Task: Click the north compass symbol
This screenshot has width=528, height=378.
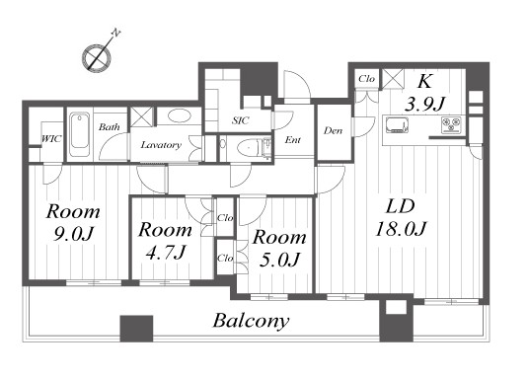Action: click(x=97, y=57)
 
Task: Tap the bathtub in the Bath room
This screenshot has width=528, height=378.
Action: click(x=80, y=134)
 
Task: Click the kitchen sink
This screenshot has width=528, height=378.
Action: click(x=397, y=125)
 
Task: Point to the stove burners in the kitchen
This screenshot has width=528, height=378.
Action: click(x=451, y=125)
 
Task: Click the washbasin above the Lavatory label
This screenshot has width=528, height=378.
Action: click(x=180, y=116)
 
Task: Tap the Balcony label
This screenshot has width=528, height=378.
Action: click(x=251, y=321)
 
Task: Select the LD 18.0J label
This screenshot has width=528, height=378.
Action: click(x=401, y=218)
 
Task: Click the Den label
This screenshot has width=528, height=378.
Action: click(x=333, y=130)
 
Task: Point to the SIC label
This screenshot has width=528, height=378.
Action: click(x=241, y=120)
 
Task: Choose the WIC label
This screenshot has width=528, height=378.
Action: click(x=51, y=139)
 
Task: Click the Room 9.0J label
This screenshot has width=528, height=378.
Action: click(x=73, y=222)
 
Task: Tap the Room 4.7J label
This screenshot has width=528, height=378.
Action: click(x=166, y=241)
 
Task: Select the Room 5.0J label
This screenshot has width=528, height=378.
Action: click(x=279, y=248)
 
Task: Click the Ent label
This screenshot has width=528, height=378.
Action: click(x=293, y=140)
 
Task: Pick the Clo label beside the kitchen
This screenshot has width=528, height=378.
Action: click(x=366, y=79)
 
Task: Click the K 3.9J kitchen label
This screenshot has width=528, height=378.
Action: click(x=424, y=93)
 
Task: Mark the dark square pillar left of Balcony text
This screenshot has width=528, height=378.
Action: click(x=136, y=329)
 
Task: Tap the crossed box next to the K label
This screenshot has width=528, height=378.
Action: click(x=393, y=79)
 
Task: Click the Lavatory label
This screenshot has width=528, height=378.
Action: click(x=161, y=145)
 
